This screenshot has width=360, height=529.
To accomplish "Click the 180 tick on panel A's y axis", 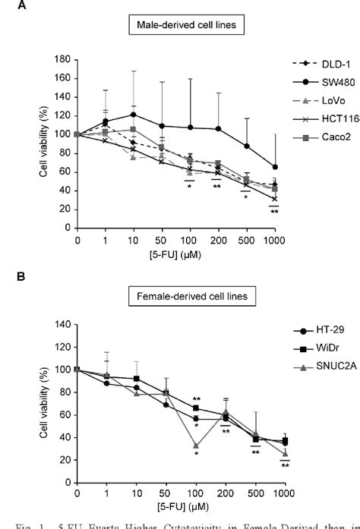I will point(65,59).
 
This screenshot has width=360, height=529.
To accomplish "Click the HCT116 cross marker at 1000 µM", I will point(274,199).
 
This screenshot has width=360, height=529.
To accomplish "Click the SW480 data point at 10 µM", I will point(112,115).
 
